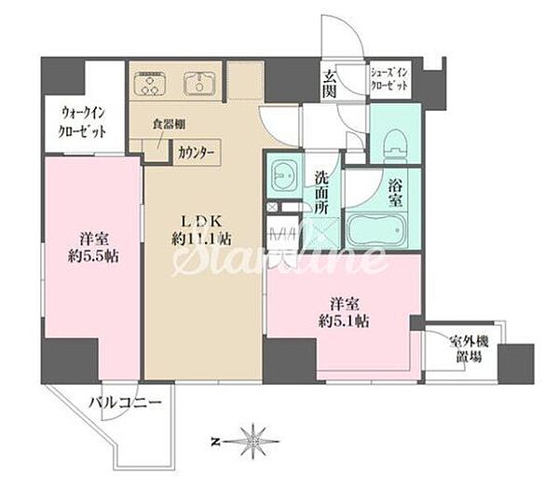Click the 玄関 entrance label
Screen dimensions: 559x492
pos(330,84)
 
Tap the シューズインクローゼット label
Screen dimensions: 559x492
pos(389,79)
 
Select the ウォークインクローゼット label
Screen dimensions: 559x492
pos(82,122)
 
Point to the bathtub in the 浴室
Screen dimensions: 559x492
pos(376,230)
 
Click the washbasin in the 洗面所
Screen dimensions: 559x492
pos(284,177)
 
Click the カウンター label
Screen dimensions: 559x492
pos(196,154)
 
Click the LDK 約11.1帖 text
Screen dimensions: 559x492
pos(202,230)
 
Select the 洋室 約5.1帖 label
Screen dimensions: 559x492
pos(344,313)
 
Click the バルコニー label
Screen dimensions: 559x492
pos(125,403)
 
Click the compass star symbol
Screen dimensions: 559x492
pos(253,442)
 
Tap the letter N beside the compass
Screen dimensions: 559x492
pos(215,443)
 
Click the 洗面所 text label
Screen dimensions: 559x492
pos(321,192)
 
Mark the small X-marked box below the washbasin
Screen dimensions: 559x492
pos(272,207)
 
